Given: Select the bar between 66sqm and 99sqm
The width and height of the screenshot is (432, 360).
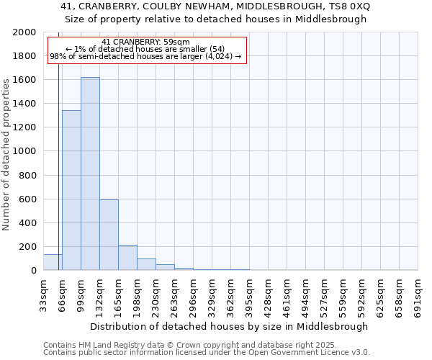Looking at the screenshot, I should pyautogui.click(x=71, y=190).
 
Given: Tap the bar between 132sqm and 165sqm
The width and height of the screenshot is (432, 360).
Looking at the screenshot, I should pyautogui.click(x=109, y=235).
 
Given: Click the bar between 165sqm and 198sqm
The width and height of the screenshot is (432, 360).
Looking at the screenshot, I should pyautogui.click(x=127, y=258).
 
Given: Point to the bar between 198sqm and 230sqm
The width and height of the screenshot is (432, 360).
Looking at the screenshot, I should pyautogui.click(x=146, y=264).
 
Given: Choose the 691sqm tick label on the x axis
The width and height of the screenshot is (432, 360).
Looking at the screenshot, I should pyautogui.click(x=418, y=296).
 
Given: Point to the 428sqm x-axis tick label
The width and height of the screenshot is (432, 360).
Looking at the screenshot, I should pyautogui.click(x=268, y=296).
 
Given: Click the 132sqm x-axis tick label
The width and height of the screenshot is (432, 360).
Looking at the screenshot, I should pyautogui.click(x=99, y=296).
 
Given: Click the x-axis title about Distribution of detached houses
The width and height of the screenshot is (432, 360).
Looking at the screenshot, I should pyautogui.click(x=230, y=326).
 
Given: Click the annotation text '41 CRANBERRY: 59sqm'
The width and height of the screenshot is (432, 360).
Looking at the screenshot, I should pyautogui.click(x=146, y=42).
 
